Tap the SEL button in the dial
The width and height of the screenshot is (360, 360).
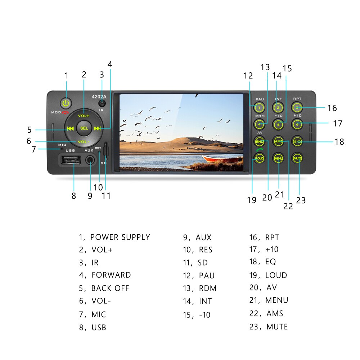pyautogui.click(x=84, y=128)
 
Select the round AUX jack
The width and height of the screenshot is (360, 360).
pyautogui.click(x=90, y=160)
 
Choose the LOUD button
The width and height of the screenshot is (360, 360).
pyautogui.click(x=259, y=158)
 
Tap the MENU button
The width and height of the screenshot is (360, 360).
pyautogui.click(x=278, y=158)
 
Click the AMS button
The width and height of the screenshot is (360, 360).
pyautogui.click(x=278, y=141)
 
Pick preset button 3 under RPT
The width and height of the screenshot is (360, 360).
pyautogui.click(x=297, y=107)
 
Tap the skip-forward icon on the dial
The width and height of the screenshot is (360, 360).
pyautogui.click(x=97, y=129)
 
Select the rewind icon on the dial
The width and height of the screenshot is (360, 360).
pyautogui.click(x=71, y=129)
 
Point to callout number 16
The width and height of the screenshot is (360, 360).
pyautogui.click(x=332, y=108)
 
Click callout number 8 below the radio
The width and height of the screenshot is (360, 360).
pyautogui.click(x=74, y=195)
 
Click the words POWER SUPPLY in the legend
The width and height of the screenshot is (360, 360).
pyautogui.click(x=120, y=237)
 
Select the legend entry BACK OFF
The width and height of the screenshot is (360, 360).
pyautogui.click(x=110, y=288)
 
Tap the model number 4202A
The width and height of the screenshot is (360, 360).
pyautogui.click(x=99, y=96)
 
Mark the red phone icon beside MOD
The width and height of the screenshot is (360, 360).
pyautogui.click(x=65, y=112)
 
